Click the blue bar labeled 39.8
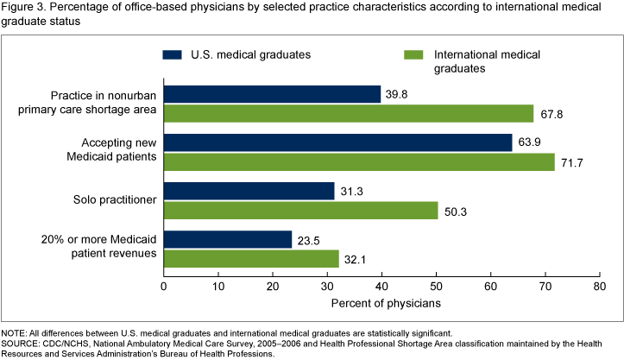[x=272, y=94]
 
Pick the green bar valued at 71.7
[x=359, y=162]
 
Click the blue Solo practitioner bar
[x=249, y=191]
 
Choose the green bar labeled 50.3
[x=300, y=211]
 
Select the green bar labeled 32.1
[x=251, y=259]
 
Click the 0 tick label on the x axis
[x=164, y=286]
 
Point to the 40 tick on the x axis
[x=381, y=286]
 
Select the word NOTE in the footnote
[x=15, y=332]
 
